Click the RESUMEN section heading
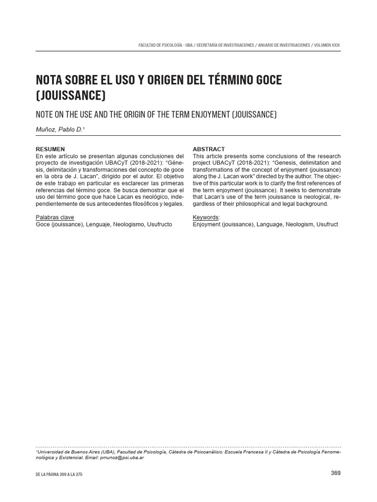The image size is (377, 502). tap(50, 149)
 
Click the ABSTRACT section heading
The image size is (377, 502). tap(209, 149)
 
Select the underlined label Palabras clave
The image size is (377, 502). tap(55, 217)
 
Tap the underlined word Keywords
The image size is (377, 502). tap(206, 217)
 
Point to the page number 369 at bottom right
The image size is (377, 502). tap(335, 473)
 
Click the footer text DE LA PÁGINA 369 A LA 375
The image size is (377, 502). tap(59, 475)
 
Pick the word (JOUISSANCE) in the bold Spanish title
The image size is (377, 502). tap(71, 95)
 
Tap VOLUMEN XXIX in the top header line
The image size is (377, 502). tap(326, 45)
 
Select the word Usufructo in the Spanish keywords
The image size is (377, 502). tap(157, 224)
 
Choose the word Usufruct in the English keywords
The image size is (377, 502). tap(327, 224)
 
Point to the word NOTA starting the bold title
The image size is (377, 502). tap(51, 80)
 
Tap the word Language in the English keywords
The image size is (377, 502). tap(270, 224)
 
